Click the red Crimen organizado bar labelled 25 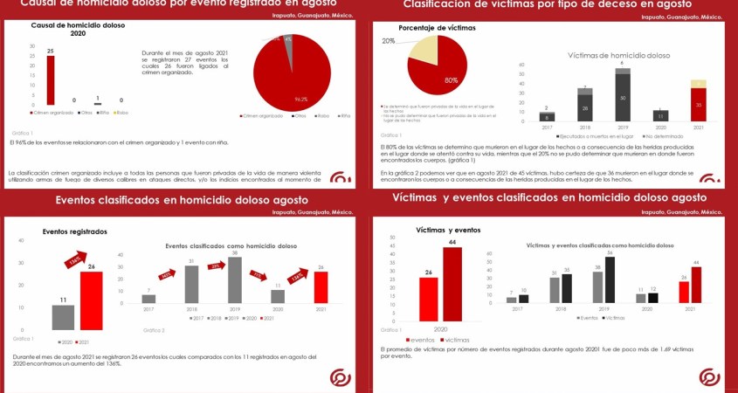pyautogui.click(x=50, y=80)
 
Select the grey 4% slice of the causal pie pyautogui.click(x=286, y=41)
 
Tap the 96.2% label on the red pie pyautogui.click(x=302, y=99)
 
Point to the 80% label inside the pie pyautogui.click(x=451, y=80)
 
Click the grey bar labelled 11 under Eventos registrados pyautogui.click(x=63, y=315)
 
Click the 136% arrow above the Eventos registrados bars pyautogui.click(x=75, y=259)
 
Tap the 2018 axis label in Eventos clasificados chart pyautogui.click(x=192, y=309)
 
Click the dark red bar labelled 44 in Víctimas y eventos pyautogui.click(x=452, y=283)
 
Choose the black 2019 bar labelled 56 pyautogui.click(x=610, y=279)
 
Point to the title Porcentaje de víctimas pyautogui.click(x=437, y=29)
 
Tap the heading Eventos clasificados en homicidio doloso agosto pyautogui.click(x=176, y=200)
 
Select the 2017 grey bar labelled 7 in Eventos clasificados pyautogui.click(x=148, y=298)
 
